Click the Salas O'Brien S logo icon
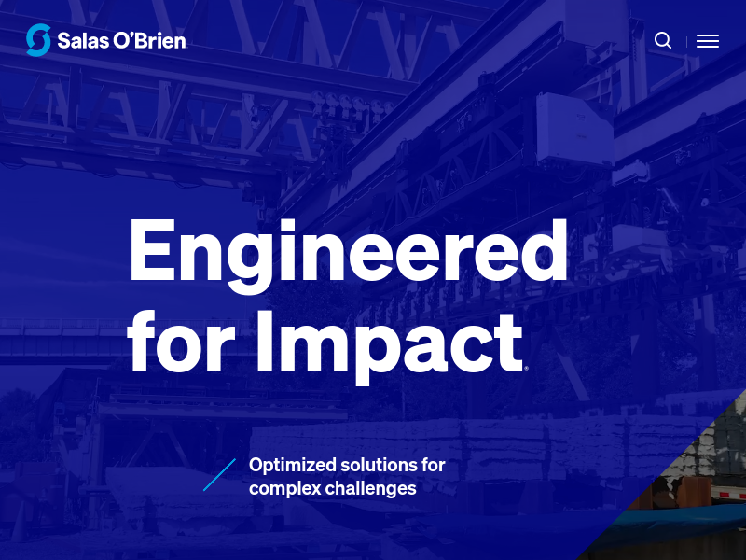click(x=38, y=40)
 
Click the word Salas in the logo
click(x=83, y=41)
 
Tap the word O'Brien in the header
click(x=149, y=40)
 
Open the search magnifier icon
click(x=663, y=40)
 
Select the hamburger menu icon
click(x=708, y=41)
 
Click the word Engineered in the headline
click(x=348, y=257)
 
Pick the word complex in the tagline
click(x=285, y=489)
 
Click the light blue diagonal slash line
click(x=219, y=475)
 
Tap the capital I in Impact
click(x=265, y=341)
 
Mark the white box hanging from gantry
click(x=574, y=129)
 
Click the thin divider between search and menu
click(x=686, y=42)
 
